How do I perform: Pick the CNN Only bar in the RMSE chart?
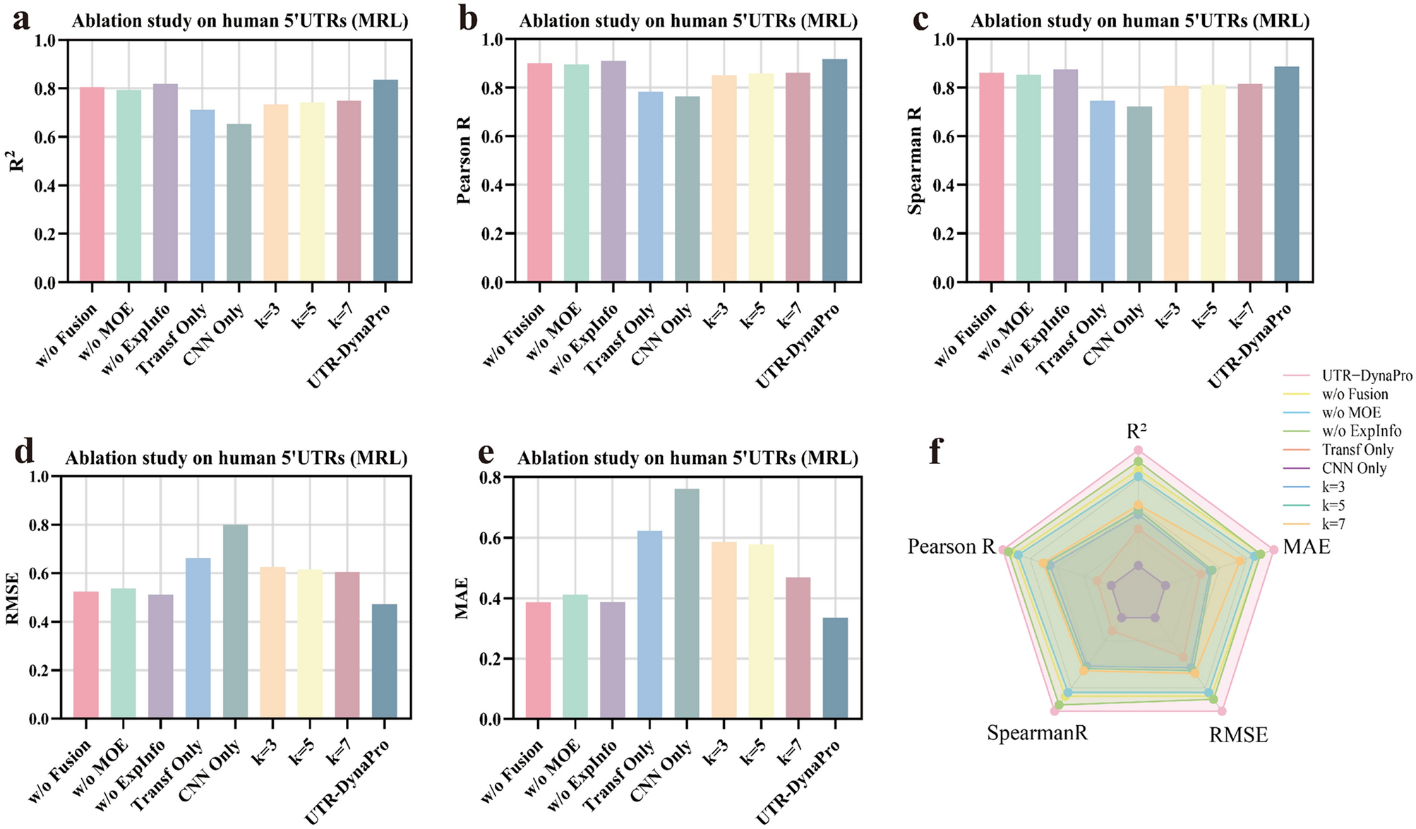click(235, 621)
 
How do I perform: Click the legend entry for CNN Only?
click(1354, 468)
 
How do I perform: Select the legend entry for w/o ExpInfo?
click(1361, 431)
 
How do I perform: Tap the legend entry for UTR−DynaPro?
click(1367, 376)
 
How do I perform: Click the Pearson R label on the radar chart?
click(951, 547)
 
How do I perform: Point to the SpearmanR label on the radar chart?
click(1037, 733)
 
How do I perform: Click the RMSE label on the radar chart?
click(1238, 735)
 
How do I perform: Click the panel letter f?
click(936, 451)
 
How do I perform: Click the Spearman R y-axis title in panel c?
click(915, 161)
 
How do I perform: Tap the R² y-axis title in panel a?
click(17, 161)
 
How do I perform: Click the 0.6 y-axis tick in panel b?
click(491, 136)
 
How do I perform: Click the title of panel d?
click(236, 458)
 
